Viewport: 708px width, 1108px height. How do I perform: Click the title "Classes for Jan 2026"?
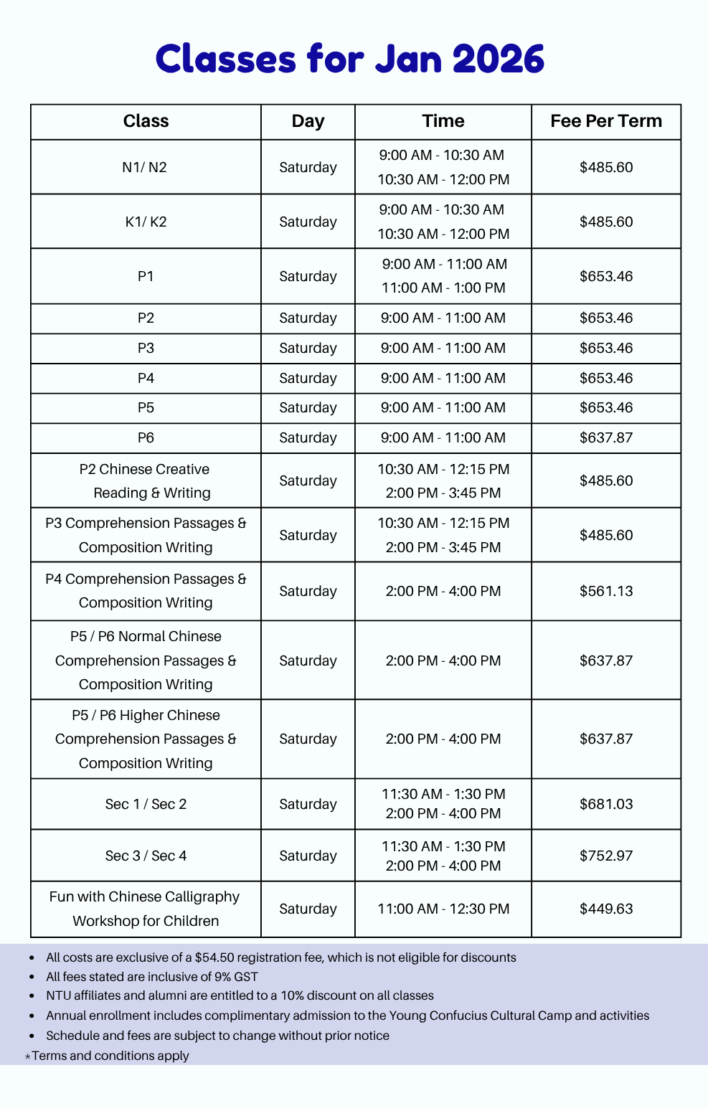350,59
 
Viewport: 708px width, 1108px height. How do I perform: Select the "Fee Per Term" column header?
606,121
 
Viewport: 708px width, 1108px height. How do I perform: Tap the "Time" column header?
443,121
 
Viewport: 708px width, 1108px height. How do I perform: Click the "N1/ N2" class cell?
145,167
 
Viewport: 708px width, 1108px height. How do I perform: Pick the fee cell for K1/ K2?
606,222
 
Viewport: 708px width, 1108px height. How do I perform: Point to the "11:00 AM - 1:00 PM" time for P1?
443,288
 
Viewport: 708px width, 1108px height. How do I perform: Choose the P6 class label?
146,437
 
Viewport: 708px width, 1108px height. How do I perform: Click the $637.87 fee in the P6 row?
606,437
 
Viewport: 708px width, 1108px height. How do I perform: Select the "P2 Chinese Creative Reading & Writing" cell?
146,480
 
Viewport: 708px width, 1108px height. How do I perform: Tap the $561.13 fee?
606,591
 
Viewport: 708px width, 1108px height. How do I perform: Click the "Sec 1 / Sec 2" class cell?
146,804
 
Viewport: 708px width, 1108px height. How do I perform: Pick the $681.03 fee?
606,804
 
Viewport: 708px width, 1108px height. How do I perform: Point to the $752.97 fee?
606,856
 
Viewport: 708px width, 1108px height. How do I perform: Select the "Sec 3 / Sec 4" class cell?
146,856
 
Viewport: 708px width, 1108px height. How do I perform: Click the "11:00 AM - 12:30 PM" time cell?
443,909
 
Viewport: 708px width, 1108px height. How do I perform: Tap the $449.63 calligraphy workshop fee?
606,909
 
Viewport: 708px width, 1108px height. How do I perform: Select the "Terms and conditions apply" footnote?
110,1056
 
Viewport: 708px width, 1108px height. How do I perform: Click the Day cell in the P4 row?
308,378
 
